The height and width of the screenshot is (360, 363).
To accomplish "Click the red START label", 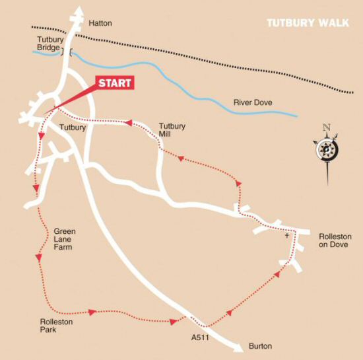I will [x=115, y=84].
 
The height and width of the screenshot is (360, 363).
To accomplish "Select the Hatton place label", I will [x=100, y=23].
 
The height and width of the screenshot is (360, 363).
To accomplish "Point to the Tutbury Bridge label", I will [x=49, y=44].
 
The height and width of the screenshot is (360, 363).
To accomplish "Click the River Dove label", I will [x=253, y=102].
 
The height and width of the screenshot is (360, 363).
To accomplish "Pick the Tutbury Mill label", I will [x=172, y=129].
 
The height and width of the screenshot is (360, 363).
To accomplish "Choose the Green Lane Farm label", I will [x=65, y=239].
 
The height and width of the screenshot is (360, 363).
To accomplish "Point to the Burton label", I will [x=260, y=346].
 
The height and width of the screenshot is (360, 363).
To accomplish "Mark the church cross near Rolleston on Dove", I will [x=286, y=235].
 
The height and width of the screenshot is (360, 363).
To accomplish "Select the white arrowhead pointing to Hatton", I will [x=79, y=12].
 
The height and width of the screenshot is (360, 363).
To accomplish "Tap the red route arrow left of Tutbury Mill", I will [x=128, y=123].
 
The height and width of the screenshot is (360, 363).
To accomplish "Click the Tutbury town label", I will [x=73, y=127].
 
